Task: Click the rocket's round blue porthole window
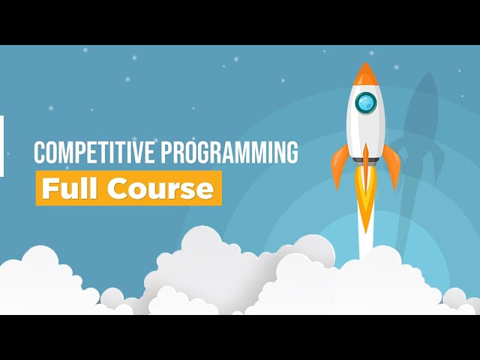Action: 365,102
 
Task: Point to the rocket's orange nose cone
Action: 365,74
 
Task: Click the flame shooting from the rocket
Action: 366,202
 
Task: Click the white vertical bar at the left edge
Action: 1,146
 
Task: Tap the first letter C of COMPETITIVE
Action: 40,153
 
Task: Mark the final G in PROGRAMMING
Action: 291,153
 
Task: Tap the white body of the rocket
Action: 365,127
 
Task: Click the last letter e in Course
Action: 206,190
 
